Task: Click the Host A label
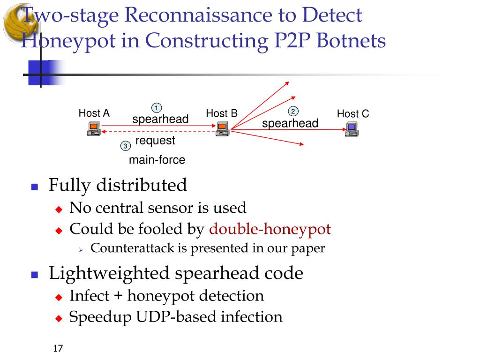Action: click(x=94, y=113)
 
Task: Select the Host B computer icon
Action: click(x=222, y=128)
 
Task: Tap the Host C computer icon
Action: click(x=351, y=129)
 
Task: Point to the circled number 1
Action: click(x=156, y=107)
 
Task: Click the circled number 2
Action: click(x=293, y=112)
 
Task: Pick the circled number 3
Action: click(x=125, y=146)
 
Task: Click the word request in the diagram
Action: click(x=155, y=141)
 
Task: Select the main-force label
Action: click(x=157, y=160)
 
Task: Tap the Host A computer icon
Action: click(x=94, y=128)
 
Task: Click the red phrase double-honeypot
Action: click(x=270, y=229)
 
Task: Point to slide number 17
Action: click(x=58, y=349)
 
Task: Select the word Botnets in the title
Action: click(x=351, y=41)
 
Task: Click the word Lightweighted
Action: click(x=109, y=273)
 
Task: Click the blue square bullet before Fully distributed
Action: click(x=34, y=187)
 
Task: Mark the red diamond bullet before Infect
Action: click(x=59, y=297)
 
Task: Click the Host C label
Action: click(x=353, y=114)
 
